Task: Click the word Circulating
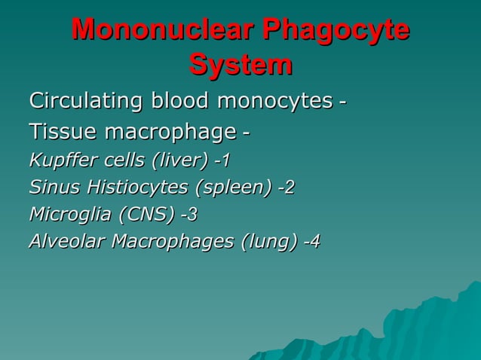pyautogui.click(x=87, y=100)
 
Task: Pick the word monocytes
pyautogui.click(x=274, y=100)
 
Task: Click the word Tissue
pyautogui.click(x=63, y=133)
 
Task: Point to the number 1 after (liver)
pyautogui.click(x=225, y=160)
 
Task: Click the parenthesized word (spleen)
pyautogui.click(x=231, y=188)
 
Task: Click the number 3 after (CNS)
pyautogui.click(x=192, y=215)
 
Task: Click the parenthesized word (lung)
pyautogui.click(x=268, y=242)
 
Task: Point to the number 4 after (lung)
pyautogui.click(x=315, y=242)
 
